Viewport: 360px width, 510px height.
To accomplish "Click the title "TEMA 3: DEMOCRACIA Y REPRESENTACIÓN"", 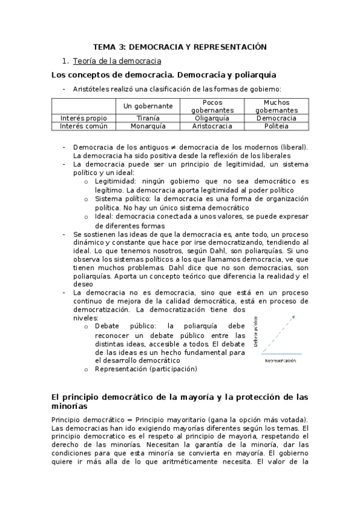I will tap(180, 46).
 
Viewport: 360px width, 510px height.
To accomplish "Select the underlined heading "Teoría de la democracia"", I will tap(117, 61).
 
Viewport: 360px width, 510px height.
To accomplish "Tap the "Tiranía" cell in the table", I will tap(148, 118).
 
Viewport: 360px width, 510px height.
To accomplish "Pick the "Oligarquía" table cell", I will tap(212, 118).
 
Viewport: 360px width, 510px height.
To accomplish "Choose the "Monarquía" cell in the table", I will tap(148, 126).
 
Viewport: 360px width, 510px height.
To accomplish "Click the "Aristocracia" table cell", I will tap(212, 126).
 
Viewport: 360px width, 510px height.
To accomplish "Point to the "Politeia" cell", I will tap(276, 126).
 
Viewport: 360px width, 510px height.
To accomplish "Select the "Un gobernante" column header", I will tap(148, 106).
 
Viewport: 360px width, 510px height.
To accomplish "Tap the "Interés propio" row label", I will tap(84, 118).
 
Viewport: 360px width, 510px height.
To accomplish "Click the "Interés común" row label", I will tap(84, 126).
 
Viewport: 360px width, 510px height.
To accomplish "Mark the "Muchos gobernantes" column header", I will tap(276, 106).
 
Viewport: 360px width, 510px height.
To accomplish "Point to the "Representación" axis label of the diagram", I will tap(281, 360).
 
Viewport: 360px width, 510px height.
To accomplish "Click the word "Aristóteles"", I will tap(92, 89).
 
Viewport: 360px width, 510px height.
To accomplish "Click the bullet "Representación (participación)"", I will tap(145, 369).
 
